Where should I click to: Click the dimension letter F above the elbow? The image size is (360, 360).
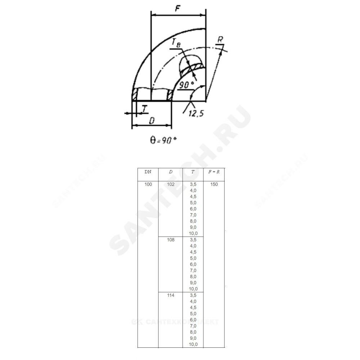(x=177, y=9)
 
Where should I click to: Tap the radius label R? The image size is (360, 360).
(x=220, y=40)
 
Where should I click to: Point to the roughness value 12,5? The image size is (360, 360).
(x=196, y=113)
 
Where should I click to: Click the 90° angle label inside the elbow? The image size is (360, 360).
(x=186, y=85)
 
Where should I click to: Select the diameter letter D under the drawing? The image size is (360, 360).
(x=152, y=121)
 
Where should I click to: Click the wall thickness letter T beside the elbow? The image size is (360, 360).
(x=144, y=109)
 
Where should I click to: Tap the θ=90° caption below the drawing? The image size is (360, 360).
(x=163, y=140)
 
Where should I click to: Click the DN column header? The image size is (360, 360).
(x=148, y=172)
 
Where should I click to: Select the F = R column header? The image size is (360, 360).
(x=214, y=172)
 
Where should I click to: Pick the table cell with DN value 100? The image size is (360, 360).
(x=148, y=184)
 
